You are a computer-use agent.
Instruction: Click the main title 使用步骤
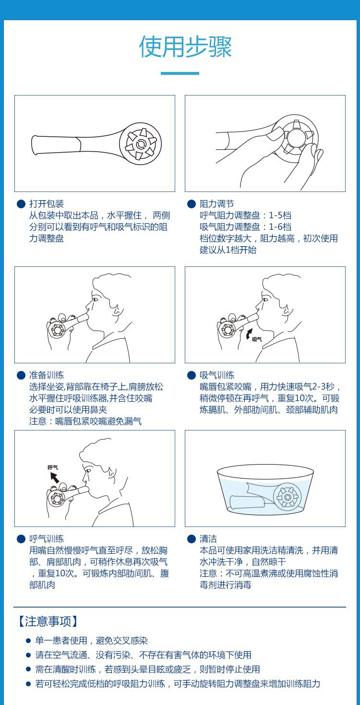tap(185, 47)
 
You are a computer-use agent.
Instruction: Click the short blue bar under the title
tap(180, 73)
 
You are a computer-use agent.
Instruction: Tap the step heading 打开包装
tap(47, 203)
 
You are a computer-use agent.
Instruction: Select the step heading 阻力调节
tap(217, 203)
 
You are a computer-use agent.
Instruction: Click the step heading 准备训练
tap(47, 375)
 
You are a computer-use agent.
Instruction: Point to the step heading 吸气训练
tap(217, 375)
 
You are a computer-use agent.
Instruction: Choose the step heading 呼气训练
tap(47, 538)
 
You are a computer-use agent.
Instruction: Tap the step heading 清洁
tap(208, 538)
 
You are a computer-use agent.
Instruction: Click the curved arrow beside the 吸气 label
tap(248, 334)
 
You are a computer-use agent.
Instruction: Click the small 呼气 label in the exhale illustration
tap(53, 467)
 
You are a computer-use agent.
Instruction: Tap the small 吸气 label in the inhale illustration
tap(257, 339)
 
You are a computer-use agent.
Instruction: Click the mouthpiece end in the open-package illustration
tap(35, 145)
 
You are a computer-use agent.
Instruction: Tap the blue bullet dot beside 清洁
tap(192, 539)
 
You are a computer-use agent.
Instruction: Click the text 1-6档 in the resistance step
tap(280, 227)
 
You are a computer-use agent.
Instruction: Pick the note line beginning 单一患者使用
tap(92, 641)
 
